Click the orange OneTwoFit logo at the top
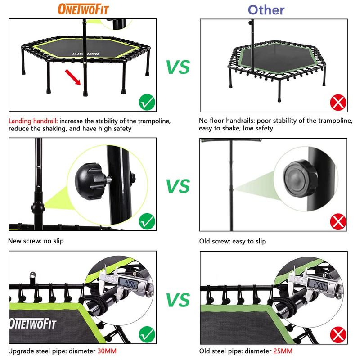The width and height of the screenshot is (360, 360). [83, 9]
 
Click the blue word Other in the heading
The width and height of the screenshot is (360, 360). [266, 10]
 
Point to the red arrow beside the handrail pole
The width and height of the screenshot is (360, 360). [73, 77]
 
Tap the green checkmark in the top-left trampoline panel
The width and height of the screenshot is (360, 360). [147, 102]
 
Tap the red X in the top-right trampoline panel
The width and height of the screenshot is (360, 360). [338, 103]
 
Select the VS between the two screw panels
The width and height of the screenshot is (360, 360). [178, 186]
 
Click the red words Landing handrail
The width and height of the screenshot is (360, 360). [33, 121]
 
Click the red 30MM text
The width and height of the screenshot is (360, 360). [107, 351]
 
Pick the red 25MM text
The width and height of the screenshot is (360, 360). [283, 351]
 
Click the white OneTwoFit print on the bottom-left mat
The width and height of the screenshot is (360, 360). [33, 324]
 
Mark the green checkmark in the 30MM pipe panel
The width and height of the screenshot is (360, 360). [147, 334]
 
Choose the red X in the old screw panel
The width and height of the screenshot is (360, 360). [338, 222]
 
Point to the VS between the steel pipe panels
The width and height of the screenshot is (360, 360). [178, 300]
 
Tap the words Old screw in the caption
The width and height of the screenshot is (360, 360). [215, 241]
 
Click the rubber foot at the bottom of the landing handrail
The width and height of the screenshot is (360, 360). [85, 94]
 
